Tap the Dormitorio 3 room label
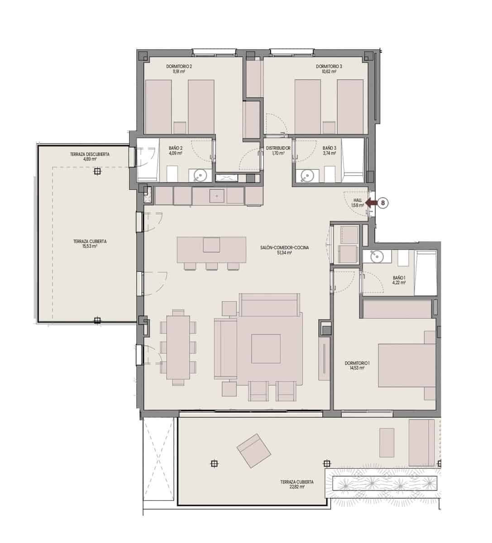(329, 67)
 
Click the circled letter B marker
(383, 203)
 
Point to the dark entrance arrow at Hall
(371, 203)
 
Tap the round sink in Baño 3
(307, 175)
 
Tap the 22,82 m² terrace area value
(296, 487)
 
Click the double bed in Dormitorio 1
(407, 365)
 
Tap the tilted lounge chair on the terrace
(254, 451)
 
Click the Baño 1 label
(399, 277)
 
